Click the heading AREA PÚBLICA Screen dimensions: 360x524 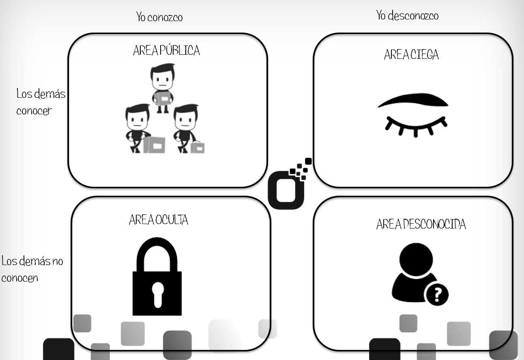point(166,51)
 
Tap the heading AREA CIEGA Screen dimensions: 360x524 point(411,55)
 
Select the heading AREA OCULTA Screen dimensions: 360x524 point(159,220)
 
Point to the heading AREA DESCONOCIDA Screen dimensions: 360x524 point(421,224)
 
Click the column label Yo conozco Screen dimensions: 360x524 point(159,17)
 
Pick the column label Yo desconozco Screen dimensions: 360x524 point(407,16)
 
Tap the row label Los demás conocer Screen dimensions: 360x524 point(41,102)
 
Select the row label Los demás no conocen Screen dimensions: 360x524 point(32,269)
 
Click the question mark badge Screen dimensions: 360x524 point(436,295)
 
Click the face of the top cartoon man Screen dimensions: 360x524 point(162,82)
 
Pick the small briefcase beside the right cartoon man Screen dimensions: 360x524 point(197,147)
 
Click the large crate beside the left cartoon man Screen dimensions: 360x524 point(155,144)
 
